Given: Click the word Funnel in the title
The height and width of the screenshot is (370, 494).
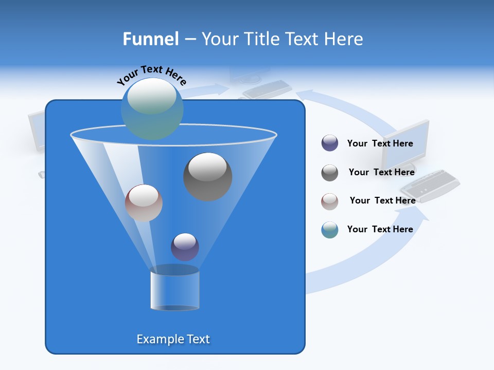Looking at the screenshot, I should coord(150,39).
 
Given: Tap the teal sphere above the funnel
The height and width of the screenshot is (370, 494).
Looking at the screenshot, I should coord(152,108).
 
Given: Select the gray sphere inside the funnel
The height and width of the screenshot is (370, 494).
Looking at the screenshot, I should coord(207,176).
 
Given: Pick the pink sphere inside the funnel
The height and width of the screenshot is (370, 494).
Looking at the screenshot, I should coord(144,202).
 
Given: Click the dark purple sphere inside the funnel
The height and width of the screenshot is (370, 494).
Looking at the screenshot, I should coord(185,247).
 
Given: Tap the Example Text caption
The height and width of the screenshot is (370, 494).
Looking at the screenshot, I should coord(173,339).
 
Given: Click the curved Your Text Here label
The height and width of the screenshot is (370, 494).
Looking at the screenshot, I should coord(151,76).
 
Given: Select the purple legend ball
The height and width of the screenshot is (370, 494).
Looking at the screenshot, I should coord(329,143).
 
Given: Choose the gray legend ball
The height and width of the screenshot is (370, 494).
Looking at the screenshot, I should coord(329,172).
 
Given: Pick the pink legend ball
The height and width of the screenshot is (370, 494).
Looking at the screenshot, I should coord(329,201).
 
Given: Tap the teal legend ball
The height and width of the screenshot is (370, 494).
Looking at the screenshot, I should coord(329,230).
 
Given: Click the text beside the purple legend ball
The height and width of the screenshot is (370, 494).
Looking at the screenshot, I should coord(380,143).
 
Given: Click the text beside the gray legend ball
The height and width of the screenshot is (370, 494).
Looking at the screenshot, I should coord(381,172).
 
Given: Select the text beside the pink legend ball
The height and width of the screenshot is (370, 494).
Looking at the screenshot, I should coord(382,200).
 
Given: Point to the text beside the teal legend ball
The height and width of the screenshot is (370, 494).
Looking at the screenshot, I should coord(380,229).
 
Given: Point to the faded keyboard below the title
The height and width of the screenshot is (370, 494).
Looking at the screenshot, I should coord(267,89).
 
